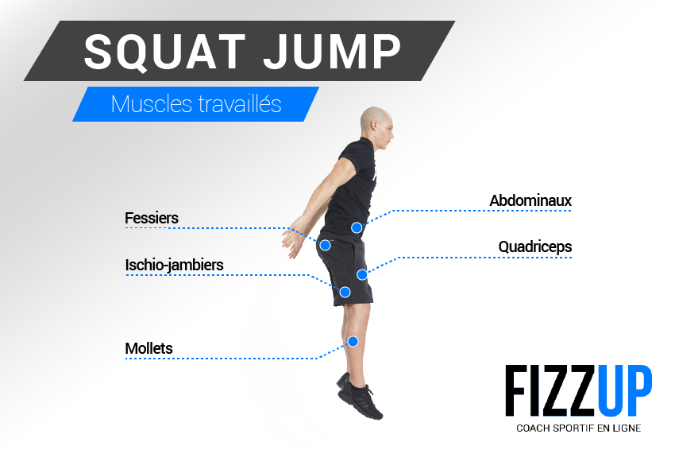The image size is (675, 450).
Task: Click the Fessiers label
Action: (x=152, y=218)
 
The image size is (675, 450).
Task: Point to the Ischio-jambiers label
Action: (x=174, y=265)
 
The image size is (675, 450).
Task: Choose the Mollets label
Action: (x=148, y=348)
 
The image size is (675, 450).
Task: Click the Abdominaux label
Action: (x=530, y=200)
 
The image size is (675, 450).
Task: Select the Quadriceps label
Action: (x=534, y=247)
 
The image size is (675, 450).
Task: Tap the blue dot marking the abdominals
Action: (x=357, y=227)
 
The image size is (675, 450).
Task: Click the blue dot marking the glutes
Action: (x=325, y=245)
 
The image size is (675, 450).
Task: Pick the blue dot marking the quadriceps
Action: (x=361, y=274)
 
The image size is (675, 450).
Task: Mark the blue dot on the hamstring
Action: (x=345, y=292)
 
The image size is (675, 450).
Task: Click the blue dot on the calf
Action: (x=353, y=341)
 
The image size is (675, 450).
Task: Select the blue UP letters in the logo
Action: (x=627, y=390)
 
